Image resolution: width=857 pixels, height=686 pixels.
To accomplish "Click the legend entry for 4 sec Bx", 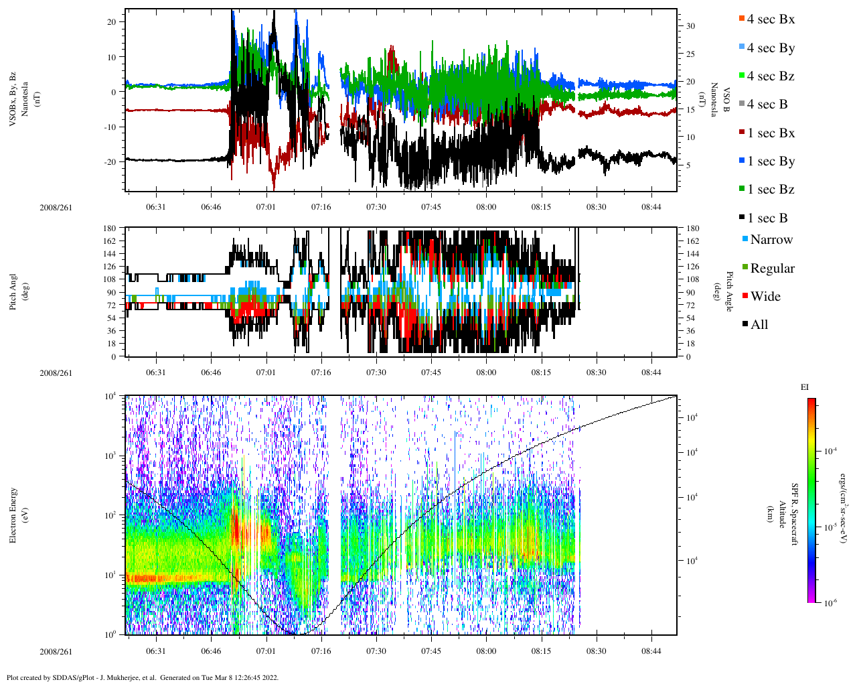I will coord(770,19).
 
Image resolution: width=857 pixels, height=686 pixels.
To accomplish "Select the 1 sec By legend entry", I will coord(771,161).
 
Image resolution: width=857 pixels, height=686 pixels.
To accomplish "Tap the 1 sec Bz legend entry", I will coord(771,190).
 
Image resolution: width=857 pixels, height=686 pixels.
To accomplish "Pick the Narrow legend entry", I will coord(771,240).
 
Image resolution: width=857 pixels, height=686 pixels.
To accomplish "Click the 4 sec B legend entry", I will coord(767,105).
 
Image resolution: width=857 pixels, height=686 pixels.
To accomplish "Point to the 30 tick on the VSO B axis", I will coord(690,26).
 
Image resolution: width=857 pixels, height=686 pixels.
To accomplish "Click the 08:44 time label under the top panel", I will coord(651,207).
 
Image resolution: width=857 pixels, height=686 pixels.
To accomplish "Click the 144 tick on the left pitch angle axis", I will coord(109,254).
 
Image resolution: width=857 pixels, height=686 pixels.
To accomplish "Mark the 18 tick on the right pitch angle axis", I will coord(692,344).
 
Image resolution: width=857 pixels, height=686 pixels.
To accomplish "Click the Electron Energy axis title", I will coord(13,514).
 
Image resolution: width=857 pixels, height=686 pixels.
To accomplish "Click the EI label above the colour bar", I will coord(805,387).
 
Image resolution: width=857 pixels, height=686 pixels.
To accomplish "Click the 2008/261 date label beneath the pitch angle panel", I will coord(56,373).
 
